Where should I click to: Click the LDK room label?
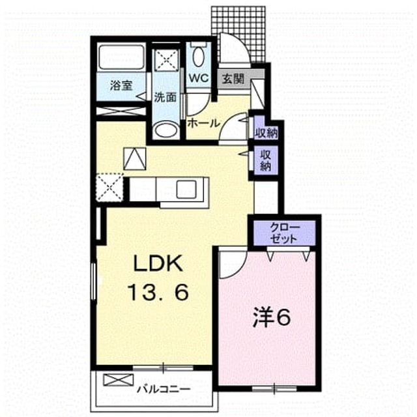click(x=158, y=263)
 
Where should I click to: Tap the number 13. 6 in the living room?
click(x=158, y=292)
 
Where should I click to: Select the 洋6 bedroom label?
click(x=271, y=318)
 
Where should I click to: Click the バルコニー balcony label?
click(x=164, y=390)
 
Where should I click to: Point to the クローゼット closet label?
click(x=284, y=233)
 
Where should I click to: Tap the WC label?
click(x=198, y=78)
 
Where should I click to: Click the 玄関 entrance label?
click(x=233, y=79)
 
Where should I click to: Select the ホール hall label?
click(x=204, y=123)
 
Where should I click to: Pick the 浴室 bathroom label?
click(x=121, y=85)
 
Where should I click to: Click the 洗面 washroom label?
click(x=165, y=97)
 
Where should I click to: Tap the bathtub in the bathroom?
click(x=122, y=57)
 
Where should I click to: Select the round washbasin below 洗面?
click(x=166, y=130)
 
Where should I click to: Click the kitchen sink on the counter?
click(x=186, y=189)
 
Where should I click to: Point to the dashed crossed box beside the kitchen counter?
click(x=109, y=187)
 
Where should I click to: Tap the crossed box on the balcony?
click(x=118, y=380)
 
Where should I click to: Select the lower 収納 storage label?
click(x=265, y=160)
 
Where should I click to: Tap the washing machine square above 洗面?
click(x=166, y=60)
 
